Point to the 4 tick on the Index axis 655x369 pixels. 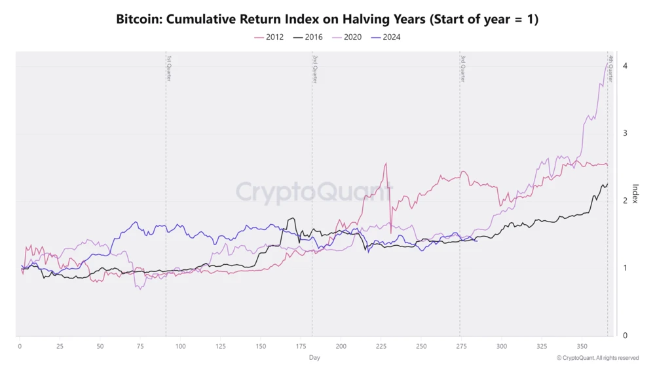626,66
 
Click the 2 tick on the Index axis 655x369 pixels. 626,201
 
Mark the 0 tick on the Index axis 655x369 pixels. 626,336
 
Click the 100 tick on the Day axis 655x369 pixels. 180,345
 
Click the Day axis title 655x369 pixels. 315,357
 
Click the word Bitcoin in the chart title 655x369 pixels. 138,19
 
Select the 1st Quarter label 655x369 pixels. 169,68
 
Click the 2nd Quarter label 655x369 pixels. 315,68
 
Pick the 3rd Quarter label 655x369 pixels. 462,68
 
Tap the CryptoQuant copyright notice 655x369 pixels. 597,358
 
